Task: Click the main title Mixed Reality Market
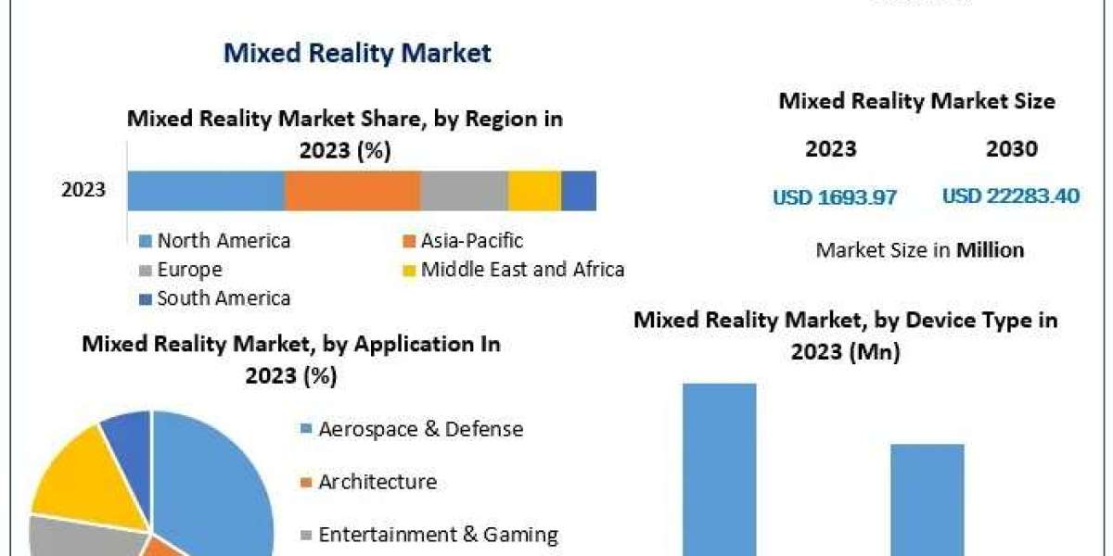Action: [357, 53]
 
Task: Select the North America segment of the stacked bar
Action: [205, 190]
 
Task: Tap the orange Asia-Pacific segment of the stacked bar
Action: [352, 190]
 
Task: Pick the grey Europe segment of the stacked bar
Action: [464, 190]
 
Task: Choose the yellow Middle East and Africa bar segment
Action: [534, 190]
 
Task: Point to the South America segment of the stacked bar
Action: [579, 190]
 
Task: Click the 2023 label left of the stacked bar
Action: [83, 191]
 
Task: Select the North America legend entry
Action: [223, 241]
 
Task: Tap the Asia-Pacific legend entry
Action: [471, 241]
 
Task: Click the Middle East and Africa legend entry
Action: [521, 270]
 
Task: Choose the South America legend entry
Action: [223, 298]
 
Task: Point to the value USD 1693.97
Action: [835, 196]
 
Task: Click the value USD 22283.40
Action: [1011, 196]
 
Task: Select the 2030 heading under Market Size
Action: [1012, 148]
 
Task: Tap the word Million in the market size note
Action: [991, 249]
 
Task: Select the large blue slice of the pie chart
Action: [218, 482]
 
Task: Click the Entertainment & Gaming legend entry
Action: [438, 535]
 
